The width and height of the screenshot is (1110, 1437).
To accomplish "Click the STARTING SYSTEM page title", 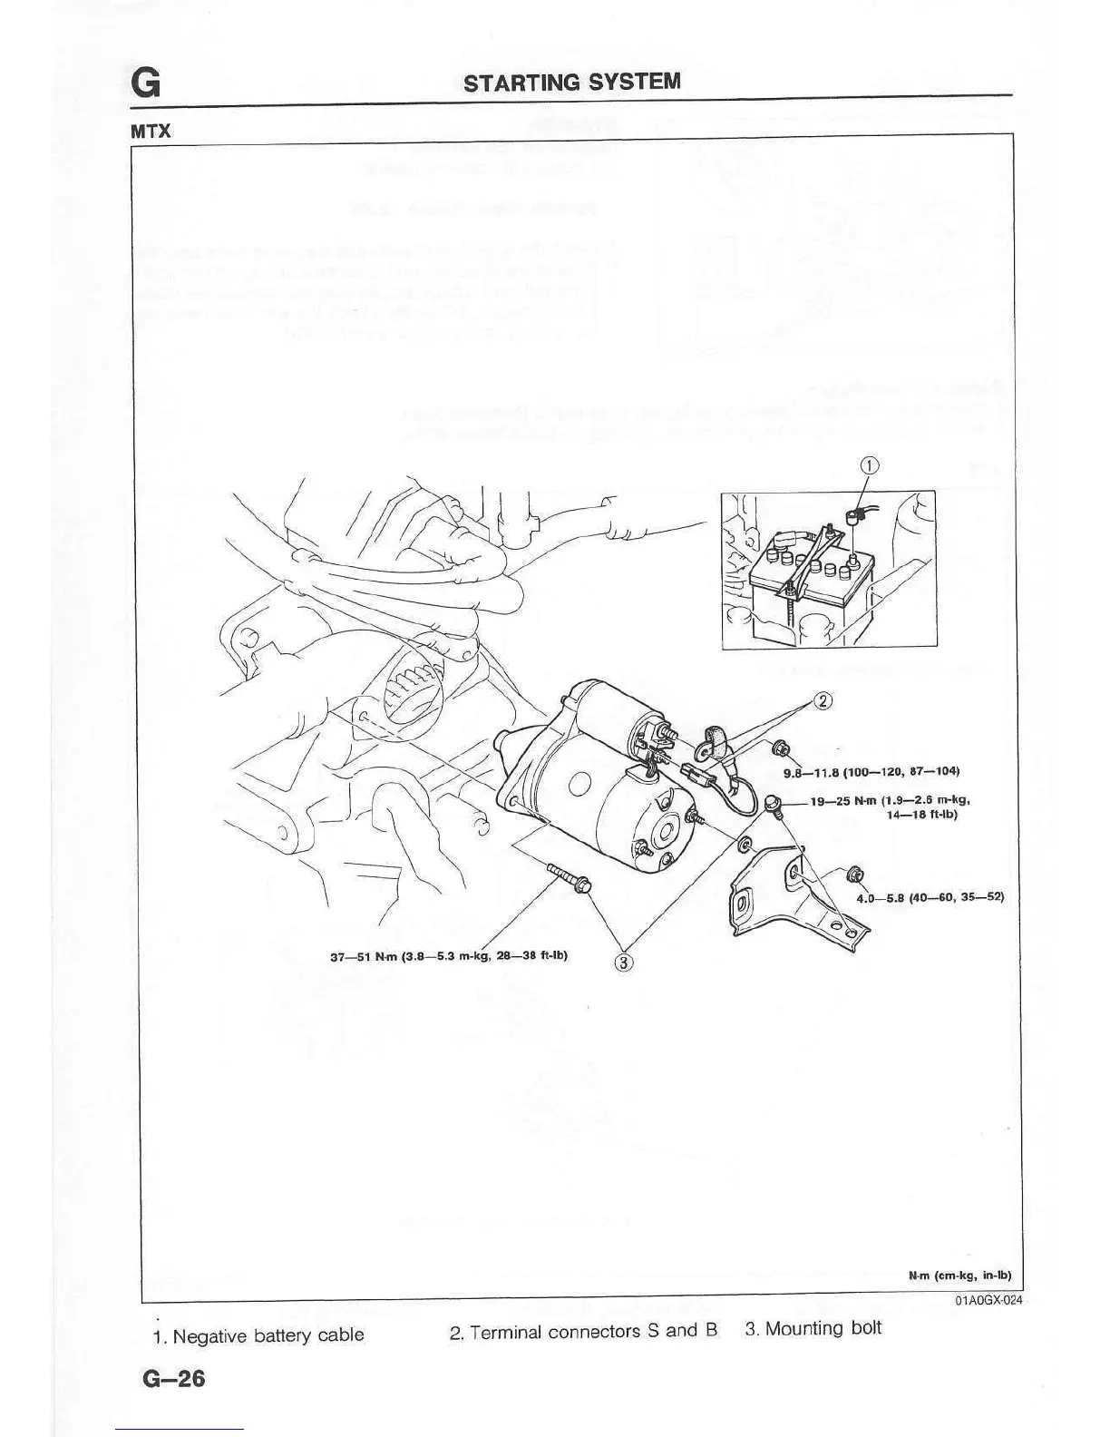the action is click(571, 82).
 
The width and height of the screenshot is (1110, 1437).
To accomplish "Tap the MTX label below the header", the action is click(151, 131).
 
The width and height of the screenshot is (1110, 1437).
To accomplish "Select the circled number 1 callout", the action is click(869, 466).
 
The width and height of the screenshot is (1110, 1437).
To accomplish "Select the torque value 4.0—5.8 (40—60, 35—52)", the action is click(930, 897).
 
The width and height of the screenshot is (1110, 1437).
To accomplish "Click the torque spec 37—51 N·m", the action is click(449, 954).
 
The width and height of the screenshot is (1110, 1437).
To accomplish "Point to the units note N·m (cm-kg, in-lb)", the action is click(959, 1275).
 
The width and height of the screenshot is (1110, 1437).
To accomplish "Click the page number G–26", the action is click(173, 1379).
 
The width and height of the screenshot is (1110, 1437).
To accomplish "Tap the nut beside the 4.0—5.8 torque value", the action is click(852, 875).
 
